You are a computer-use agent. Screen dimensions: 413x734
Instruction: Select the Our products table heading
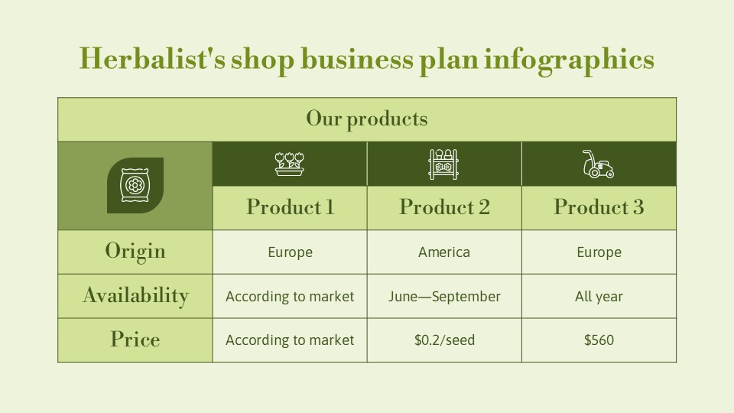(366, 119)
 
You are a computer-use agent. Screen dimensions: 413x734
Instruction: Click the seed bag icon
(135, 185)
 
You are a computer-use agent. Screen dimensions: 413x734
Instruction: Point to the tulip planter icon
(289, 164)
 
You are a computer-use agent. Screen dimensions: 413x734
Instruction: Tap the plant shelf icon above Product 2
(443, 164)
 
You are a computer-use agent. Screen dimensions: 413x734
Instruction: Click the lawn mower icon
(598, 164)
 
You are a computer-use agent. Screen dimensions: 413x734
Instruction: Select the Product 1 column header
(290, 207)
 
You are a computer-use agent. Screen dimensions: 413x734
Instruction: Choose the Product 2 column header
(444, 207)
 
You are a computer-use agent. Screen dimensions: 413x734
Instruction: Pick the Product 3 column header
(599, 207)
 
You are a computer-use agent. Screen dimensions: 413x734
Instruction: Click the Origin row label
(135, 252)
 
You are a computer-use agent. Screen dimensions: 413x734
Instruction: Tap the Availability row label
(135, 296)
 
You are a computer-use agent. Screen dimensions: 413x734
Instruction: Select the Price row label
(135, 340)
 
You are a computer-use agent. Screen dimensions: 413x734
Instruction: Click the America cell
(444, 252)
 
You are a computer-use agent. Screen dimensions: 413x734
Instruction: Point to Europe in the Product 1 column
(290, 252)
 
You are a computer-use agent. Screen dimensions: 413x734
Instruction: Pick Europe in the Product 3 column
(599, 252)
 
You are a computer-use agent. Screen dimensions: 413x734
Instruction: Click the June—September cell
(444, 297)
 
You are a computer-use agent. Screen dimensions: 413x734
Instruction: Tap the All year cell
(599, 297)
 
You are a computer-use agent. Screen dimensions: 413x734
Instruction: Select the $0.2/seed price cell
(444, 340)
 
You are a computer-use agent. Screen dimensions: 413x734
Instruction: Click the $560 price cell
(599, 340)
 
